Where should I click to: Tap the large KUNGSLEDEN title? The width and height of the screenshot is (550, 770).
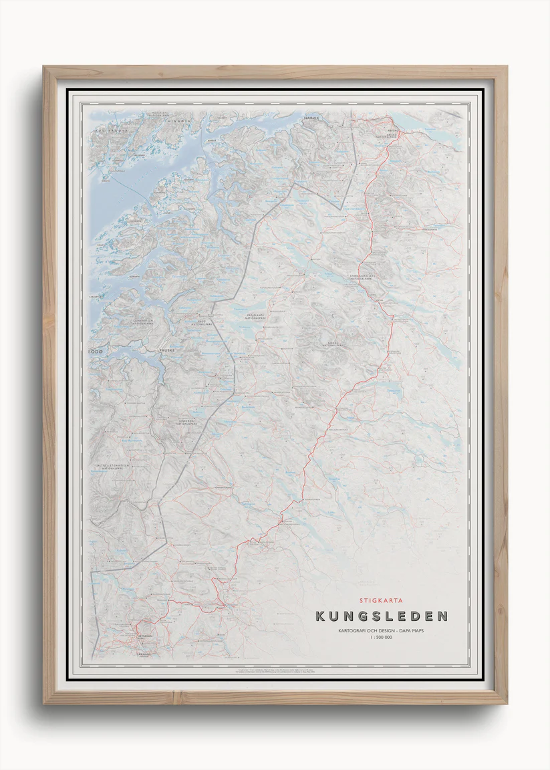click(x=382, y=616)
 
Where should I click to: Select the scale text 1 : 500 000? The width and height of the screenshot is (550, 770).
click(x=382, y=638)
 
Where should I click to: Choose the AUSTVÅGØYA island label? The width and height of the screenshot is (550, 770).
click(x=110, y=130)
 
